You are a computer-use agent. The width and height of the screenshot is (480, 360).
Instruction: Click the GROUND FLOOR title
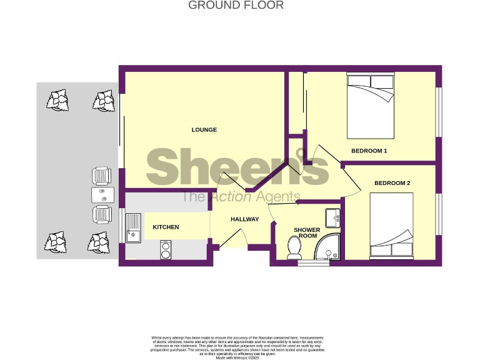tap(236, 6)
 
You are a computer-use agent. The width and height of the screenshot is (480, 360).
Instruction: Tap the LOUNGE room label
tap(204, 130)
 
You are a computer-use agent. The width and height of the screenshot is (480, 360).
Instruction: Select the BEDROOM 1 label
tap(369, 151)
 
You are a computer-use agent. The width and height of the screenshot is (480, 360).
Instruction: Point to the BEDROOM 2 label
tap(392, 183)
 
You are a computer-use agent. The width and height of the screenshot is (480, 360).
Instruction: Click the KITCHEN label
tap(166, 227)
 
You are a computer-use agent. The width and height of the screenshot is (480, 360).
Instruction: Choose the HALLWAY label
tap(244, 219)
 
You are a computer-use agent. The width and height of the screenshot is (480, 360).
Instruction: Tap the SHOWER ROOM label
tap(307, 233)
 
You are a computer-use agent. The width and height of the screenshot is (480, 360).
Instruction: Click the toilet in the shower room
tap(294, 248)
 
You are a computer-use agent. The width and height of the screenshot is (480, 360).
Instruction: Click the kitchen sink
tap(133, 227)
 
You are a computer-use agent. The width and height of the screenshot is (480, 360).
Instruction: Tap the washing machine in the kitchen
tap(166, 249)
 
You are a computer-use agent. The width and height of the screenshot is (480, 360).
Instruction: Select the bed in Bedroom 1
tap(371, 106)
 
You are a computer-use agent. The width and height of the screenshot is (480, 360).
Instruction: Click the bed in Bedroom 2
tap(391, 226)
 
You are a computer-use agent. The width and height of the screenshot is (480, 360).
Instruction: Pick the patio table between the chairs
tap(101, 194)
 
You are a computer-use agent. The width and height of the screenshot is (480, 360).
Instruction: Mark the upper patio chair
tap(101, 176)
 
